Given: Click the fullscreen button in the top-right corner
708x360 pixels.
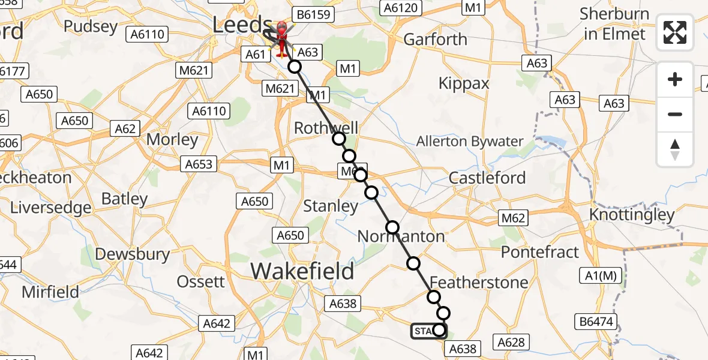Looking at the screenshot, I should pyautogui.click(x=675, y=32).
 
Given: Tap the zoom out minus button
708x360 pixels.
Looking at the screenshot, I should pyautogui.click(x=675, y=114).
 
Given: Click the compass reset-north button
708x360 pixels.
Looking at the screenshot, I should pyautogui.click(x=675, y=149).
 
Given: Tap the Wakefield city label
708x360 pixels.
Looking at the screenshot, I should pyautogui.click(x=302, y=271).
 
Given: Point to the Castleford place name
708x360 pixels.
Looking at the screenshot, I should pyautogui.click(x=487, y=178).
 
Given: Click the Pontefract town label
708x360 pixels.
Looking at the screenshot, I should pyautogui.click(x=540, y=252).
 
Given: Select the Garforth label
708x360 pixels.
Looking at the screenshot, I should pyautogui.click(x=435, y=39).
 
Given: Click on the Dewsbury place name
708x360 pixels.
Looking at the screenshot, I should pyautogui.click(x=133, y=254).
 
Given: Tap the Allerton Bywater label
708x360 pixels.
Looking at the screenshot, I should pyautogui.click(x=470, y=142).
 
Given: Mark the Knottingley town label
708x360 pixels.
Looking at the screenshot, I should pyautogui.click(x=632, y=214).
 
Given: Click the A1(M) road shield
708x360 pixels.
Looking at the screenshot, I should pyautogui.click(x=602, y=275).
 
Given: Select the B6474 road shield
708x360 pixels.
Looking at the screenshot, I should pyautogui.click(x=596, y=322).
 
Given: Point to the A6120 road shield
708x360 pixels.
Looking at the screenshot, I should pyautogui.click(x=403, y=7).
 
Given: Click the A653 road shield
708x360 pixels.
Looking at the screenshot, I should pyautogui.click(x=199, y=164).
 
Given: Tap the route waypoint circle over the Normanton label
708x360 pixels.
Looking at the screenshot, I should pyautogui.click(x=392, y=227).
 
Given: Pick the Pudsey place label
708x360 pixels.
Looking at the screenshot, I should pyautogui.click(x=91, y=26).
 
